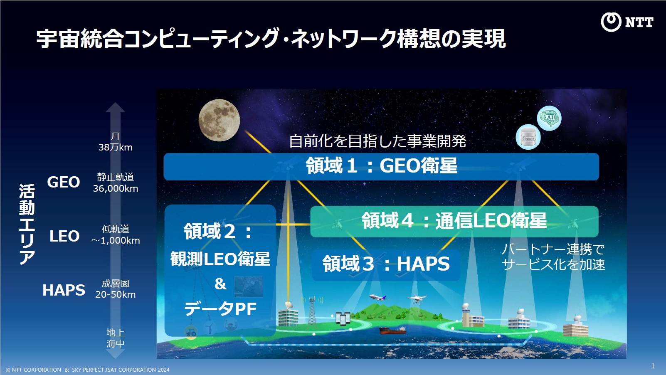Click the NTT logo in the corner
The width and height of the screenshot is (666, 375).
pos(627,22)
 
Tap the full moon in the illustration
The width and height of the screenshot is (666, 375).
pos(220,120)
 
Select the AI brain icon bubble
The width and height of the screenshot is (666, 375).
pos(549,118)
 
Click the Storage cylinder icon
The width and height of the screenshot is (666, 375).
pos(528,137)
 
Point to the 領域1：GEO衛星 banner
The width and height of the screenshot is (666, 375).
pos(382,167)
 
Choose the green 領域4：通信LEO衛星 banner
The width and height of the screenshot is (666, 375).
pos(454,221)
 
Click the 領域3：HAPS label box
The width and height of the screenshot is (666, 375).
pos(386,264)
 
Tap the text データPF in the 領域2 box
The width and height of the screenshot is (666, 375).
pos(220,308)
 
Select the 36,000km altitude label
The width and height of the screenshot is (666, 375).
pos(115,189)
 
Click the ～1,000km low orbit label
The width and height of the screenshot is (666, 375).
pos(115,240)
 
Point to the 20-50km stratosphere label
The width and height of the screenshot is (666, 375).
pos(115,294)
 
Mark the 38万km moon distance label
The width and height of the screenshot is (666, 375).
pos(115,147)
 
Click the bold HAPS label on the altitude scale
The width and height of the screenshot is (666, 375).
pos(64,290)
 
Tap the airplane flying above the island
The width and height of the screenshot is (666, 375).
pos(378,297)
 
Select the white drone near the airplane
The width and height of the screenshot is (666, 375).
pos(417,299)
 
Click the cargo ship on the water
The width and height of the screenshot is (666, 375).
pos(392,330)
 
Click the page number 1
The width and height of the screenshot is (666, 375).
pos(653,366)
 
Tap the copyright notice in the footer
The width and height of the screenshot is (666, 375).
pos(87,370)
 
